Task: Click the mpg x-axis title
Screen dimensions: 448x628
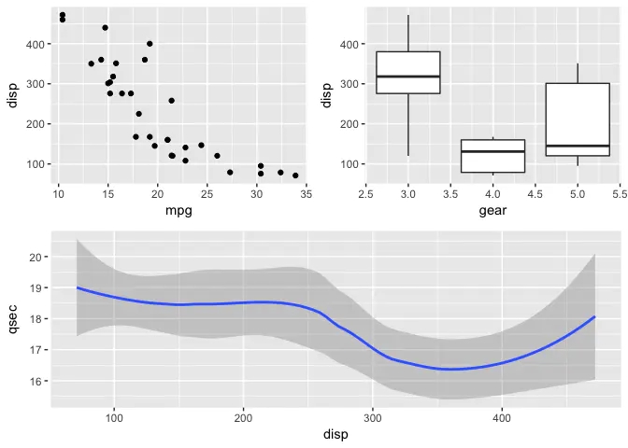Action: [x=178, y=211]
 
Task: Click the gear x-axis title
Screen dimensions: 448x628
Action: [x=492, y=211]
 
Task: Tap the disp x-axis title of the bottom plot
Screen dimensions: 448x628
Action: [x=335, y=435]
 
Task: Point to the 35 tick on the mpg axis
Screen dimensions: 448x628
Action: [x=307, y=194]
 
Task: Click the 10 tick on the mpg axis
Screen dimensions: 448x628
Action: [x=58, y=194]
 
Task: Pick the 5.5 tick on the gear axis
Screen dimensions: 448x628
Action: [x=620, y=194]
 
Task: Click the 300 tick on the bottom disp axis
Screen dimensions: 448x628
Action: [x=373, y=417]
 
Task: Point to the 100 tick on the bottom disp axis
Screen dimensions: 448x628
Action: [x=114, y=417]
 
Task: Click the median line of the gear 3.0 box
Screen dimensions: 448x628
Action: [x=408, y=77]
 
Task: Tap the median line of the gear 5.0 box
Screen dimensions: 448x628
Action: [x=578, y=146]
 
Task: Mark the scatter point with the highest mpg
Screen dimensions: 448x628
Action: [x=295, y=175]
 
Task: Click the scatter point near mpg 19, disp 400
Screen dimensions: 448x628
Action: [x=150, y=44]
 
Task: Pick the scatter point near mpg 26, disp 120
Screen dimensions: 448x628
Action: [x=217, y=156]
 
